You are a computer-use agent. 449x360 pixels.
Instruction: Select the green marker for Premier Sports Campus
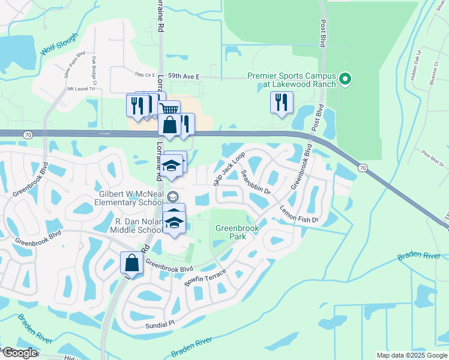[x=345, y=79]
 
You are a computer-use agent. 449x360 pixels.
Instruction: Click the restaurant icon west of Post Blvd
[x=282, y=102]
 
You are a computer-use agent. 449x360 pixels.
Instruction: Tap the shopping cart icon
[x=170, y=109]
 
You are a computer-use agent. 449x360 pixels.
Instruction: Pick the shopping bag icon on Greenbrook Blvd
[x=132, y=263]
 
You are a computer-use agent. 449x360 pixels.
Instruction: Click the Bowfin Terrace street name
[x=205, y=277]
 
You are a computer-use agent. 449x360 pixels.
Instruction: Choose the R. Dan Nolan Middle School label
[x=139, y=226]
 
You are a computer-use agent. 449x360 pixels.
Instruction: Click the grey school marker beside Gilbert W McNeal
[x=173, y=196]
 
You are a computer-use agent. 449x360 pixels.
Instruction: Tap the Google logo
[x=19, y=353]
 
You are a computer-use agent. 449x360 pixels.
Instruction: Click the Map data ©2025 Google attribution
[x=411, y=355]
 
